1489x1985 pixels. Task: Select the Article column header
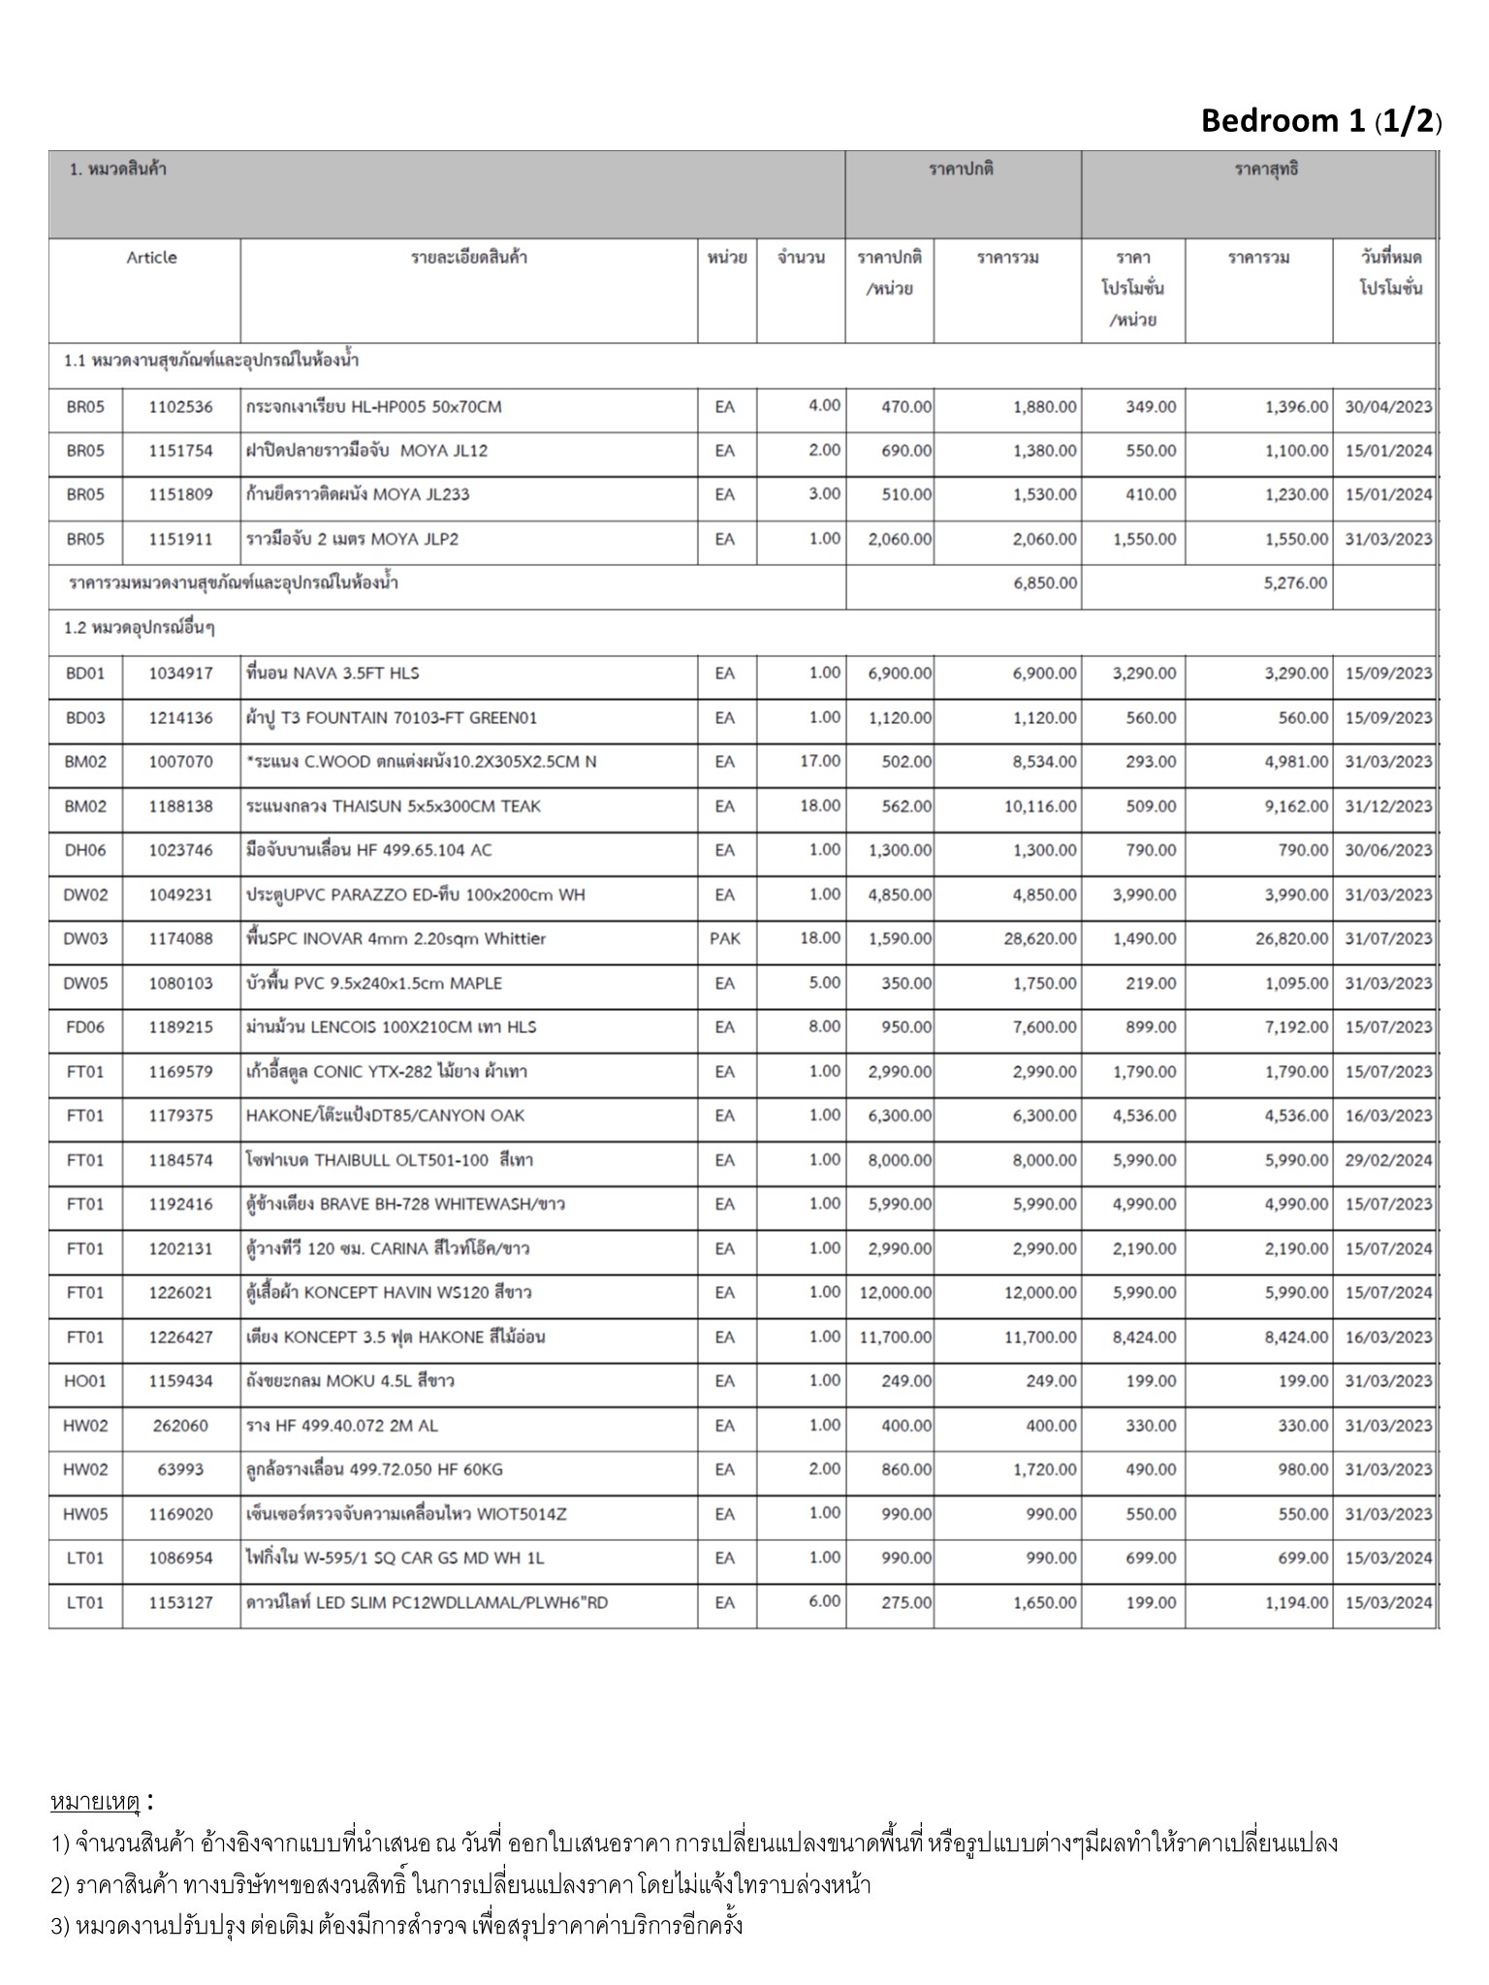tap(151, 258)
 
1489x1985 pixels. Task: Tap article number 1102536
tap(180, 407)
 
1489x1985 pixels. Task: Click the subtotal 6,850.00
tap(1044, 583)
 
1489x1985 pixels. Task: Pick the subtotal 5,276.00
tap(1295, 583)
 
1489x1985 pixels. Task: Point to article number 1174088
tap(180, 939)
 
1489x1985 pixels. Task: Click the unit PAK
tap(725, 939)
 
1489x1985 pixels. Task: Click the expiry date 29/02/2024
tap(1387, 1160)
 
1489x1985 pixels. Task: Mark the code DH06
tap(85, 851)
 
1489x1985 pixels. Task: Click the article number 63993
tap(180, 1470)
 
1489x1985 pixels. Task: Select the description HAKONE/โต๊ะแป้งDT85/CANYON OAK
tap(385, 1117)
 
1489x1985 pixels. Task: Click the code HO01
tap(85, 1382)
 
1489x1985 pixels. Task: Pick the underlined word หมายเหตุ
tap(95, 1803)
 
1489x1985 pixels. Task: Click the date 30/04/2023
tap(1387, 407)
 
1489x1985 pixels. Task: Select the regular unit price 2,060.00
tap(900, 540)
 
